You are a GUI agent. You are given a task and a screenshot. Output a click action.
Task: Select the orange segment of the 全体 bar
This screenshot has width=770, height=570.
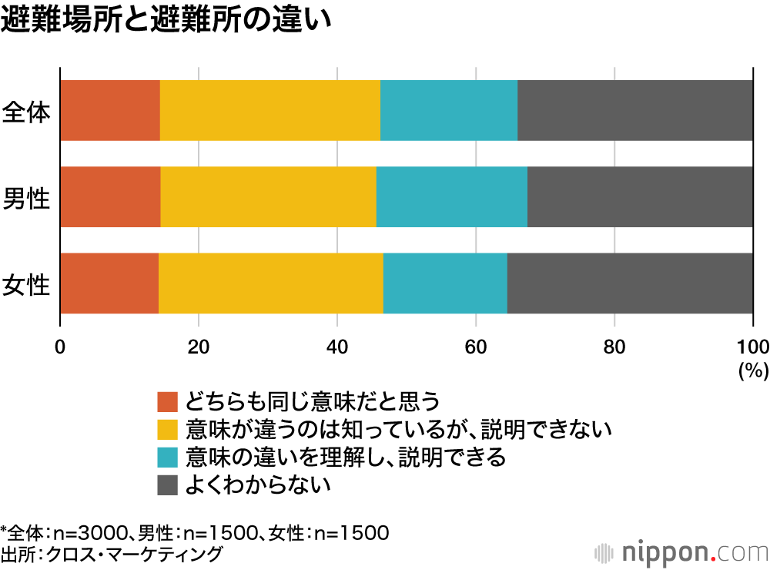pyautogui.click(x=110, y=110)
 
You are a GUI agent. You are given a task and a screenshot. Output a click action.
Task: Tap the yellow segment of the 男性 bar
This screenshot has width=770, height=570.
pyautogui.click(x=268, y=196)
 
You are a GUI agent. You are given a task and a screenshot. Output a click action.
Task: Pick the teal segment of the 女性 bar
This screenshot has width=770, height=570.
pyautogui.click(x=445, y=283)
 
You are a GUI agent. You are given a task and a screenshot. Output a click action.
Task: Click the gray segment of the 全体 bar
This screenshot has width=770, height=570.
pyautogui.click(x=635, y=110)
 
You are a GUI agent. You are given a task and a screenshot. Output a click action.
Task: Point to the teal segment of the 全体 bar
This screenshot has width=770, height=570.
pyautogui.click(x=449, y=110)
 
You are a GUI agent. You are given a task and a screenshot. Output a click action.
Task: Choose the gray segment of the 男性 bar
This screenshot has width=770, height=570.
pyautogui.click(x=640, y=196)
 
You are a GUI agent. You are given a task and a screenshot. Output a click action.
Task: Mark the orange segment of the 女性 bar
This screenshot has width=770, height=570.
pyautogui.click(x=109, y=283)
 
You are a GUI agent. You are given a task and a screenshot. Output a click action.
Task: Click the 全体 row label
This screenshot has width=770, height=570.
pyautogui.click(x=26, y=112)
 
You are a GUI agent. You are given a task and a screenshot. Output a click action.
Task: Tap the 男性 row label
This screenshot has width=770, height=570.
pyautogui.click(x=26, y=198)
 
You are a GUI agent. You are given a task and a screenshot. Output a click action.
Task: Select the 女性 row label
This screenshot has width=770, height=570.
pyautogui.click(x=26, y=284)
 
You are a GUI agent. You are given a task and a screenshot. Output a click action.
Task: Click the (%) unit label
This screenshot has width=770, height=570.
pyautogui.click(x=753, y=370)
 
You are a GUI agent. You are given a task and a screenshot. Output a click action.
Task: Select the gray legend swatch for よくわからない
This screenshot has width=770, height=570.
pyautogui.click(x=167, y=484)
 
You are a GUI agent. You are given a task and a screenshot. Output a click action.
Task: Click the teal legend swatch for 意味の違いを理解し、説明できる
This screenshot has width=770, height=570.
pyautogui.click(x=167, y=457)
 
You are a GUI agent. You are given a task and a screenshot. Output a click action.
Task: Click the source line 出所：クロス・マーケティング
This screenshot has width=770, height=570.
pyautogui.click(x=112, y=553)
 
